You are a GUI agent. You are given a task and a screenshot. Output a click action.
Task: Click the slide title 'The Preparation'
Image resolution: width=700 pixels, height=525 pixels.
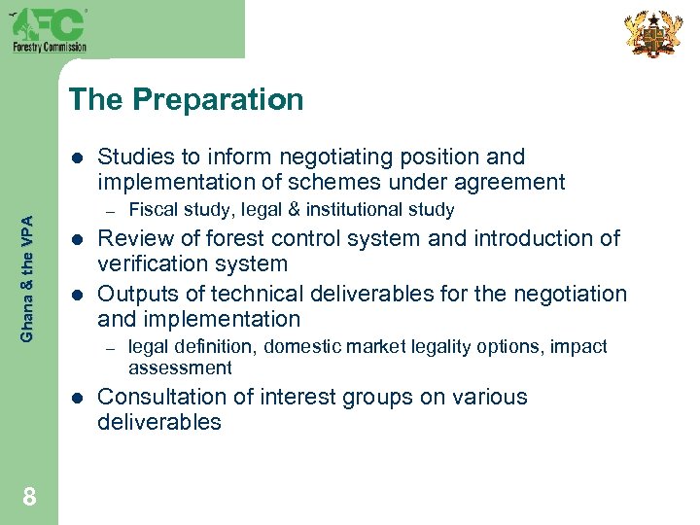pos(187,99)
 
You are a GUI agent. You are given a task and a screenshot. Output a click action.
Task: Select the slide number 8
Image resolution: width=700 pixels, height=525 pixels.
pos(29,498)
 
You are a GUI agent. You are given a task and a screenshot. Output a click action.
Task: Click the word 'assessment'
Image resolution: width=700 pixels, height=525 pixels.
pos(180,367)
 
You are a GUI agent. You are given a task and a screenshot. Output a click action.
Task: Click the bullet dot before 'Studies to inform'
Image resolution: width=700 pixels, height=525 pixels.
pos(78,157)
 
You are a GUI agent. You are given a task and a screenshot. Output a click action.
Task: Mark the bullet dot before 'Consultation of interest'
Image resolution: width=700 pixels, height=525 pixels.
pos(78,398)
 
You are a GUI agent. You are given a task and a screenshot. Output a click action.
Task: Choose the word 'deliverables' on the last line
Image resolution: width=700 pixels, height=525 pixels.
pos(159,422)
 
